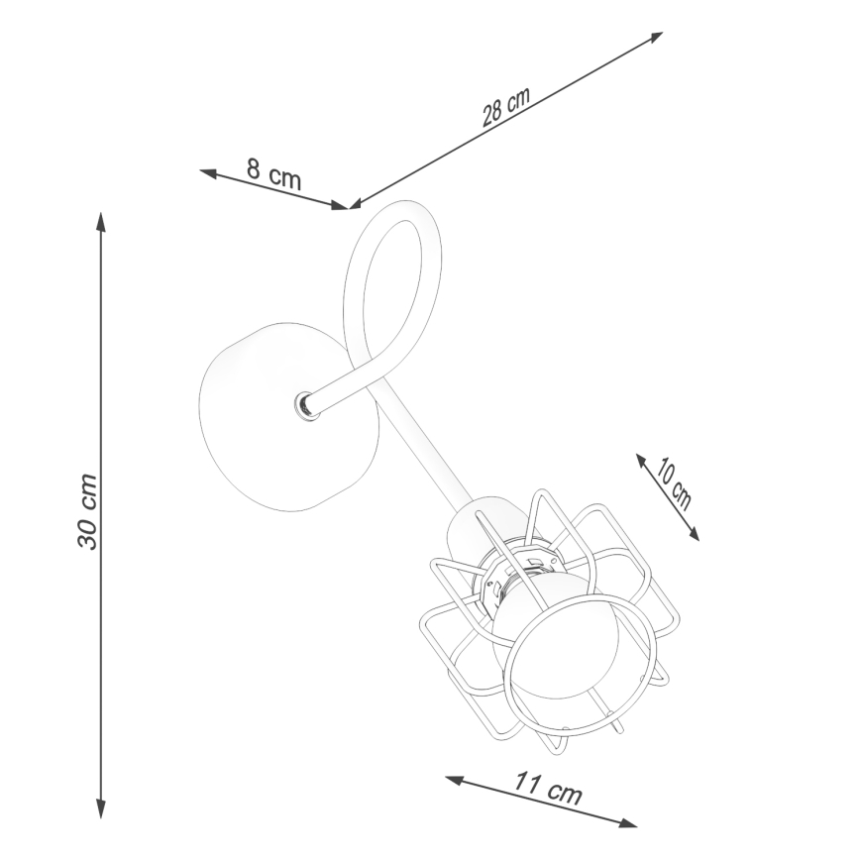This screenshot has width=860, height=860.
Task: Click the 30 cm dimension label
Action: (87, 511)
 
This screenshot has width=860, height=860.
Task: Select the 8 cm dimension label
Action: (273, 173)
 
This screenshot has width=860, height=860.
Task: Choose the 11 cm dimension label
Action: (547, 788)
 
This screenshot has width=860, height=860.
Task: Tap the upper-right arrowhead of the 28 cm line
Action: (657, 37)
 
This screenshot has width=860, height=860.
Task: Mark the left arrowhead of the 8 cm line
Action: (208, 172)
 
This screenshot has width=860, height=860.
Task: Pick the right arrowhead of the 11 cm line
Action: (628, 823)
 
